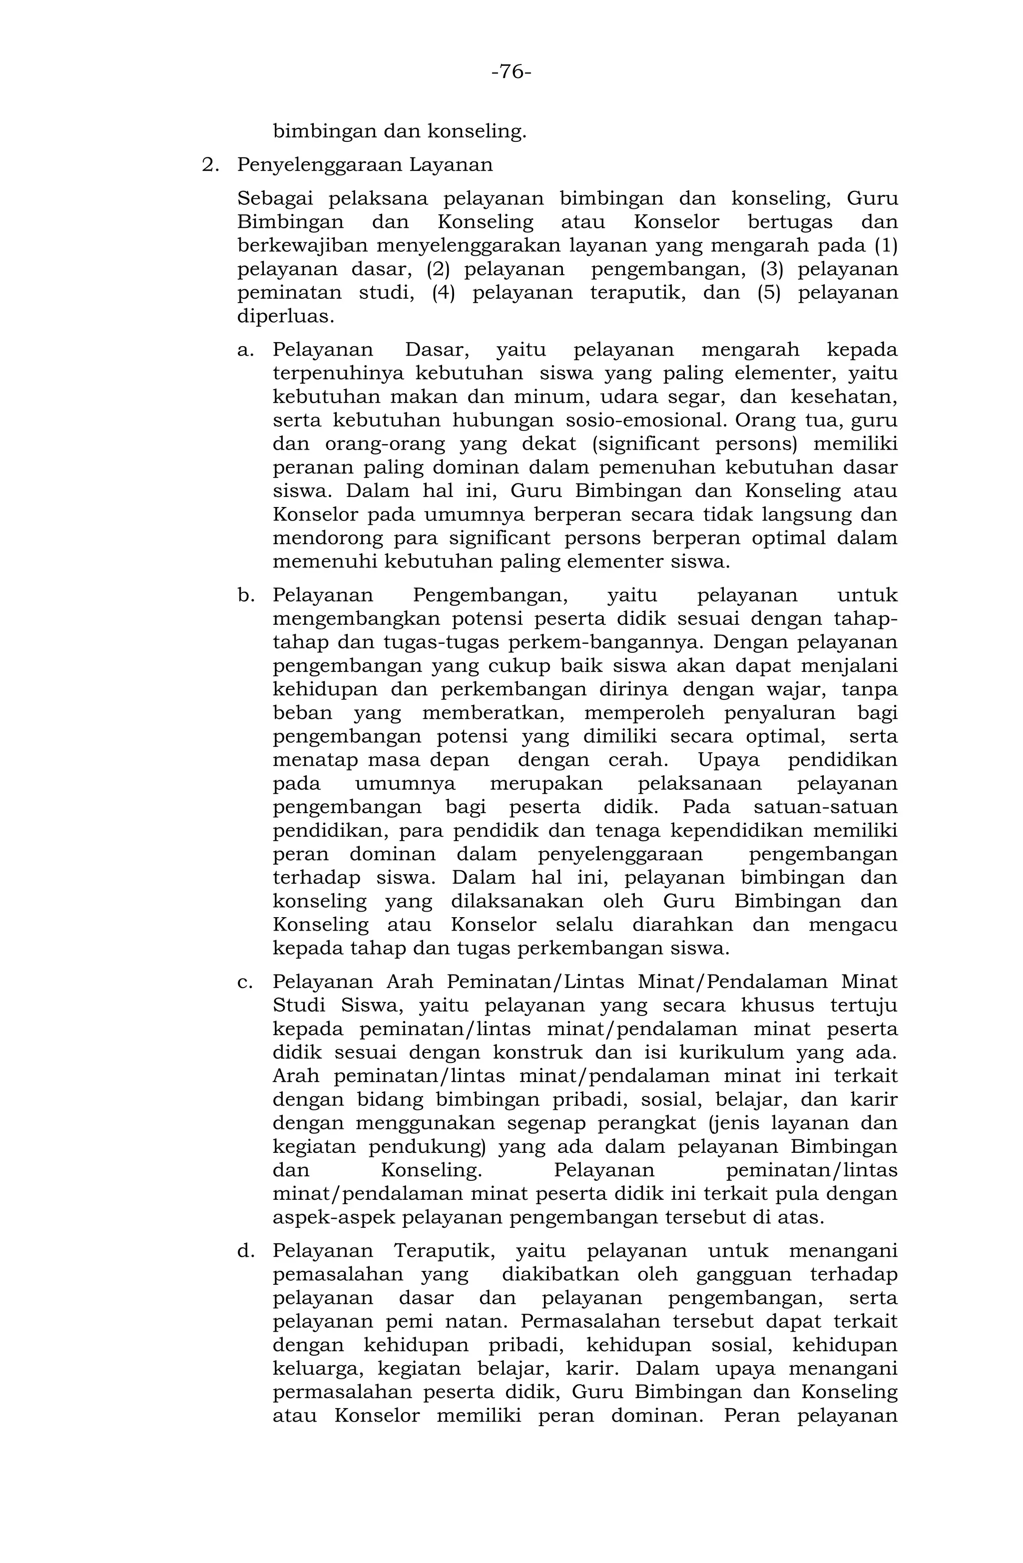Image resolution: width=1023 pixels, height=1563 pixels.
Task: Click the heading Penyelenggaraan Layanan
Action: (x=365, y=165)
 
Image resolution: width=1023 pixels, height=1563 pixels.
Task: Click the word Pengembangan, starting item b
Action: (x=491, y=595)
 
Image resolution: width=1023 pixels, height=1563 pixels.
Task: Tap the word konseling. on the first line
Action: (x=478, y=131)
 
